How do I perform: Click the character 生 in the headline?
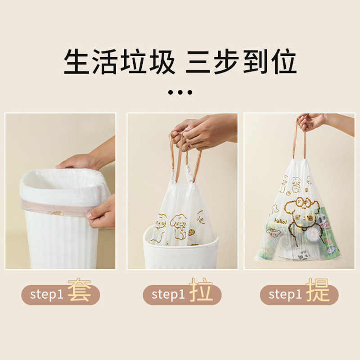click(76, 62)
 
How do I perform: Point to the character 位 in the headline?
click(284, 62)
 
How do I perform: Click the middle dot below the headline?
click(180, 92)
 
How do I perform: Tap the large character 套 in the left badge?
click(79, 290)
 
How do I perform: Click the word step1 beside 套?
click(47, 295)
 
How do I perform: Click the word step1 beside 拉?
click(168, 295)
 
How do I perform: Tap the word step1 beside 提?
click(285, 295)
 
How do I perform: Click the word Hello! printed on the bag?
click(280, 221)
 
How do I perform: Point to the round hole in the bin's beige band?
click(57, 214)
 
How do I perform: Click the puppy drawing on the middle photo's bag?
click(177, 227)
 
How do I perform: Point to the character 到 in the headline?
click(255, 62)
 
